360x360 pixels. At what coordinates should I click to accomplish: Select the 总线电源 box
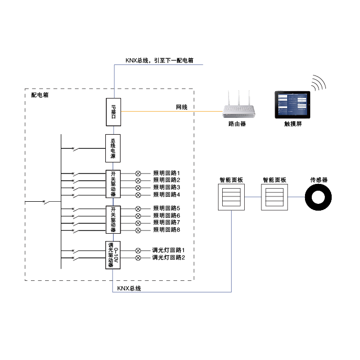tap(113, 149)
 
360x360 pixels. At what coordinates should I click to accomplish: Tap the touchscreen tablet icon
tap(292, 105)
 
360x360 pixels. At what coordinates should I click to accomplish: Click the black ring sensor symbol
tap(319, 198)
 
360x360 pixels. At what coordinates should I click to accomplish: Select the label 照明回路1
tap(167, 173)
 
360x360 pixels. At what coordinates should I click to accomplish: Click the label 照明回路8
tap(167, 230)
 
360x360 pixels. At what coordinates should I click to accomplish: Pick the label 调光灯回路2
tap(169, 258)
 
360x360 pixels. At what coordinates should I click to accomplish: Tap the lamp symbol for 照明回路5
tap(138, 209)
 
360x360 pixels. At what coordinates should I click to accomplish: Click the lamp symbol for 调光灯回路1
tap(138, 250)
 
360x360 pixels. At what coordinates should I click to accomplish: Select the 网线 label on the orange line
tap(181, 107)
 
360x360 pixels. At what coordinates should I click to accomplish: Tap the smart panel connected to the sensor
tap(275, 198)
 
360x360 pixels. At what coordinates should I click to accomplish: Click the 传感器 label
tap(319, 180)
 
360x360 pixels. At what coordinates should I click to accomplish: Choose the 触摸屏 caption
tap(293, 124)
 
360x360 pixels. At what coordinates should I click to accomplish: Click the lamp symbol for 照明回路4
tap(138, 195)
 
